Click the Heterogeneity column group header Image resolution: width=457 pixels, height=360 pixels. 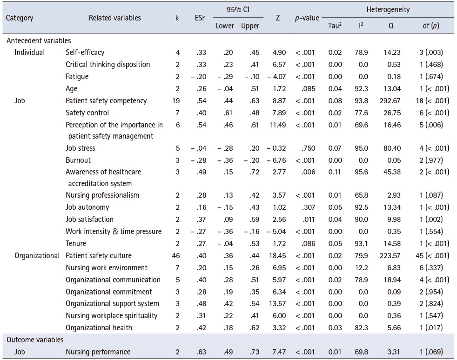(388, 10)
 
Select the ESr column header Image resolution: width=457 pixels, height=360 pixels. (200, 18)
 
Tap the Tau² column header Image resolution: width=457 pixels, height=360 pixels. (335, 26)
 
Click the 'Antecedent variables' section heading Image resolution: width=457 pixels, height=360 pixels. (39, 40)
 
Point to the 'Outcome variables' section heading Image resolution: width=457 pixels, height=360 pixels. (35, 340)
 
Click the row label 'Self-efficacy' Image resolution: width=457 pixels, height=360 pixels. (85, 53)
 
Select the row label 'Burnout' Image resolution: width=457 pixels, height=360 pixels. (78, 160)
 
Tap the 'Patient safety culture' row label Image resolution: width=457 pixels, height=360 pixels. (99, 256)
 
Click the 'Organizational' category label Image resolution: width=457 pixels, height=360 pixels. (37, 255)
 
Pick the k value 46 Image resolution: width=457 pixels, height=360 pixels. (176, 256)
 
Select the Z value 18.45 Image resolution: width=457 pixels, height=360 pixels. (277, 256)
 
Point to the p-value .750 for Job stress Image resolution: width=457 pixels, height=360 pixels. (308, 148)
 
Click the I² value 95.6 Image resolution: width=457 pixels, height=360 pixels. (361, 172)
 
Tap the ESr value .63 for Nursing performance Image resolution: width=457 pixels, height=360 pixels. (201, 352)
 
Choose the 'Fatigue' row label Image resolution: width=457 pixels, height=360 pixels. (77, 77)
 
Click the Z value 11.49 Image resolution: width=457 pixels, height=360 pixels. (278, 125)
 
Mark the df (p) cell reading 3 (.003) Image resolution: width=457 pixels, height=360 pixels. (431, 53)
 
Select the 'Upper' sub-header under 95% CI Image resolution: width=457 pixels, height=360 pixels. (250, 26)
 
